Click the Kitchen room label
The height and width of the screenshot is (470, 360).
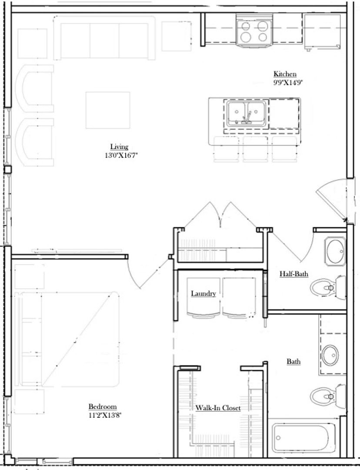pyautogui.click(x=285, y=74)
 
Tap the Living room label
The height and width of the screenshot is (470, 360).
pyautogui.click(x=119, y=147)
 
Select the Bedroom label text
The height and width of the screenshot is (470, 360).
pyautogui.click(x=103, y=407)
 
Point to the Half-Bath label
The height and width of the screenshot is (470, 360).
pyautogui.click(x=293, y=274)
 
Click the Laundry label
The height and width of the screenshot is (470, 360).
pyautogui.click(x=203, y=293)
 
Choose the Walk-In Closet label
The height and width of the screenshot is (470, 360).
pyautogui.click(x=218, y=408)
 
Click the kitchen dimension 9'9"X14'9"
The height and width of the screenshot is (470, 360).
pyautogui.click(x=288, y=82)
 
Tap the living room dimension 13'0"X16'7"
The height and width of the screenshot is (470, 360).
pyautogui.click(x=121, y=155)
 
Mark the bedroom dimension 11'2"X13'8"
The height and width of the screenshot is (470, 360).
pyautogui.click(x=105, y=415)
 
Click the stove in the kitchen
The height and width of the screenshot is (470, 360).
pyautogui.click(x=254, y=31)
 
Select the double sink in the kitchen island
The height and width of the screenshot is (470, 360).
pyautogui.click(x=246, y=114)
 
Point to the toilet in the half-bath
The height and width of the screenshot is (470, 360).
pyautogui.click(x=328, y=288)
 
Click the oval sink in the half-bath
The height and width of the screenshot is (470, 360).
pyautogui.click(x=335, y=251)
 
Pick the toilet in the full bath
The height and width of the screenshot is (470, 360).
pyautogui.click(x=328, y=396)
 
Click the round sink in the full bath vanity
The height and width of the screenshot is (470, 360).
pyautogui.click(x=330, y=356)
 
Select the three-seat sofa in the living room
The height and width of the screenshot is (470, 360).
pyautogui.click(x=104, y=38)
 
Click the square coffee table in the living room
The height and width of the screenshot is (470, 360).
pyautogui.click(x=108, y=110)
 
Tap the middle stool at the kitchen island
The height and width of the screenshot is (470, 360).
pyautogui.click(x=255, y=149)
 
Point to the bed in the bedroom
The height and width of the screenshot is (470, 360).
pyautogui.click(x=67, y=339)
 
